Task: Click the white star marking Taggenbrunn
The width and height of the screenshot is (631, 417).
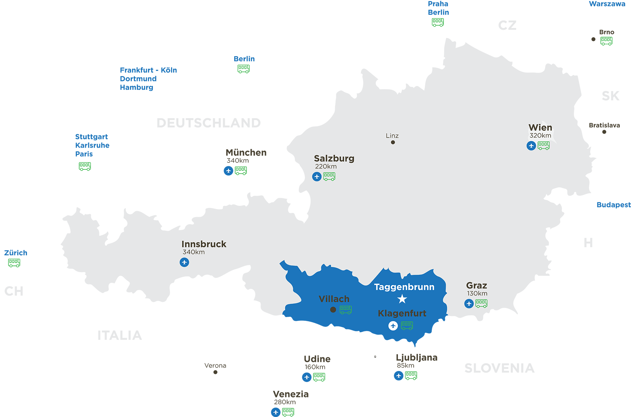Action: [402, 299]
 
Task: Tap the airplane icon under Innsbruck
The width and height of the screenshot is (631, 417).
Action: [184, 262]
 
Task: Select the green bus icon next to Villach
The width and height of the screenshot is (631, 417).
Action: [346, 310]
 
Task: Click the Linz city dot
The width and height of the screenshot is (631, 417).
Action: [393, 142]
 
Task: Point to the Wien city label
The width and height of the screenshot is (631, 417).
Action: [540, 127]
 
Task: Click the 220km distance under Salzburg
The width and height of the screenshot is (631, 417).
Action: [326, 167]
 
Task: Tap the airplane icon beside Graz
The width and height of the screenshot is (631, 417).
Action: [469, 303]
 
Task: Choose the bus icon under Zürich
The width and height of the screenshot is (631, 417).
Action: [14, 263]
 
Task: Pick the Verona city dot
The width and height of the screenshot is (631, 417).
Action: [216, 372]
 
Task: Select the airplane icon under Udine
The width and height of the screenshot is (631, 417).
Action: [307, 377]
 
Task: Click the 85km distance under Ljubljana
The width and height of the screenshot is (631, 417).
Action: [406, 366]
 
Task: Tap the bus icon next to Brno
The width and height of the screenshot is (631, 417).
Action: [606, 41]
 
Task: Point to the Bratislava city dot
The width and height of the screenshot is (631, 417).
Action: [604, 132]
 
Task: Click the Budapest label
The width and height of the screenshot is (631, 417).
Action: [613, 205]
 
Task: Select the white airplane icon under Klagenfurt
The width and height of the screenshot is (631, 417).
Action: [393, 326]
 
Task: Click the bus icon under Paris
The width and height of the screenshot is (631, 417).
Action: [85, 166]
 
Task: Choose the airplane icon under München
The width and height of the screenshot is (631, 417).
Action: [229, 171]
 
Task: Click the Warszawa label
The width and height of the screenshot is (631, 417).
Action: [607, 4]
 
